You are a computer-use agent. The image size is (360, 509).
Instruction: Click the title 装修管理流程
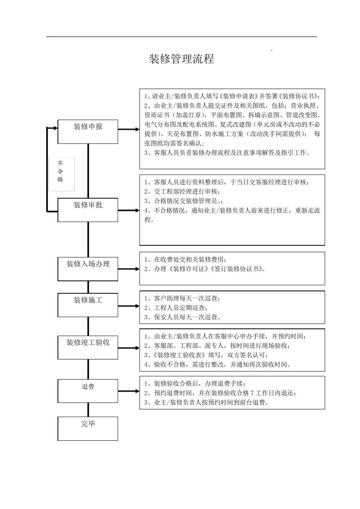(x=182, y=59)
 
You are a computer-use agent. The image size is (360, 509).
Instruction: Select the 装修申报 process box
(x=88, y=131)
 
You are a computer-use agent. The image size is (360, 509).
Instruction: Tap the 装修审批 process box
(x=88, y=210)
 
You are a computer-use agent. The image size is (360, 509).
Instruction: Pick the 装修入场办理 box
(x=88, y=269)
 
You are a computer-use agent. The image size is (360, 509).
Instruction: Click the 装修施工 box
(x=88, y=305)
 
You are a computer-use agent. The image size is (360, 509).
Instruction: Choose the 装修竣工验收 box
(x=88, y=347)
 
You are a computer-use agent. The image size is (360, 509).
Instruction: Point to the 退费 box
(x=88, y=391)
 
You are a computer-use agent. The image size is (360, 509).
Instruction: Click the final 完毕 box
(x=88, y=428)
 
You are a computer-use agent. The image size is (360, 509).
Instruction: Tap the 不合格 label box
(x=61, y=174)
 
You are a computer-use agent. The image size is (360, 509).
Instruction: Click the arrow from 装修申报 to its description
(x=129, y=130)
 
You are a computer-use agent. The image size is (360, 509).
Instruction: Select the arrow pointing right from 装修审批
(x=129, y=210)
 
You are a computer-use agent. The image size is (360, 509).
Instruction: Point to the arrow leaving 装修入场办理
(x=129, y=269)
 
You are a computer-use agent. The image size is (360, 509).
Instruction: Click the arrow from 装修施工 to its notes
(x=129, y=306)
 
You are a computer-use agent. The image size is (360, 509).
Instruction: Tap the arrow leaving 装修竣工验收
(x=129, y=348)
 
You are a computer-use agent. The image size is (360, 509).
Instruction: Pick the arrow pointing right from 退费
(x=129, y=391)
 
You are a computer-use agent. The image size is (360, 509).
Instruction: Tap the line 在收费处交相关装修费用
(x=186, y=260)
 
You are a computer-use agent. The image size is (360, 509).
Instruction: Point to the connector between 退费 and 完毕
(x=88, y=410)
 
